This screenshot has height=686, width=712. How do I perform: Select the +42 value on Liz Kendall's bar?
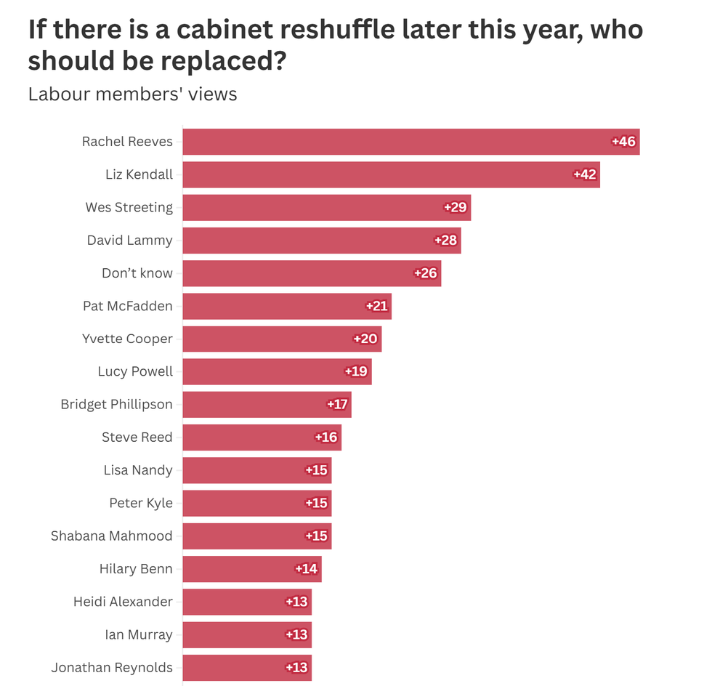tap(585, 174)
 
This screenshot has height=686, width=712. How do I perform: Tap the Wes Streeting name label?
tap(129, 207)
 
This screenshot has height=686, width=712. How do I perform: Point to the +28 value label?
tap(445, 241)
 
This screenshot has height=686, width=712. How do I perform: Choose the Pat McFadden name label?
tap(127, 306)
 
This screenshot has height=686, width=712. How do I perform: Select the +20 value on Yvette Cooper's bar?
tap(365, 339)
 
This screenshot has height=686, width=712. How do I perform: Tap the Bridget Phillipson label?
tap(116, 404)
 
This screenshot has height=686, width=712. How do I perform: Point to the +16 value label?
tap(326, 437)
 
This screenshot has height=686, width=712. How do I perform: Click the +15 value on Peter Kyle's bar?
tap(316, 503)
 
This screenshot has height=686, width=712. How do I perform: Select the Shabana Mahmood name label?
tap(111, 536)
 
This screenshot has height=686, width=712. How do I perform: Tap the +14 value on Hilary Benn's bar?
tap(307, 568)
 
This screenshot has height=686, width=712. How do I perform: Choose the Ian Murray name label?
tap(139, 634)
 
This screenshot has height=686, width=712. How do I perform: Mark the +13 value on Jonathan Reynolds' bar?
tap(296, 667)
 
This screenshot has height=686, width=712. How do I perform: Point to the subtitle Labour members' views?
tap(132, 94)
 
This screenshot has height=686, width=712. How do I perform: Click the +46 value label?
tap(624, 142)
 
